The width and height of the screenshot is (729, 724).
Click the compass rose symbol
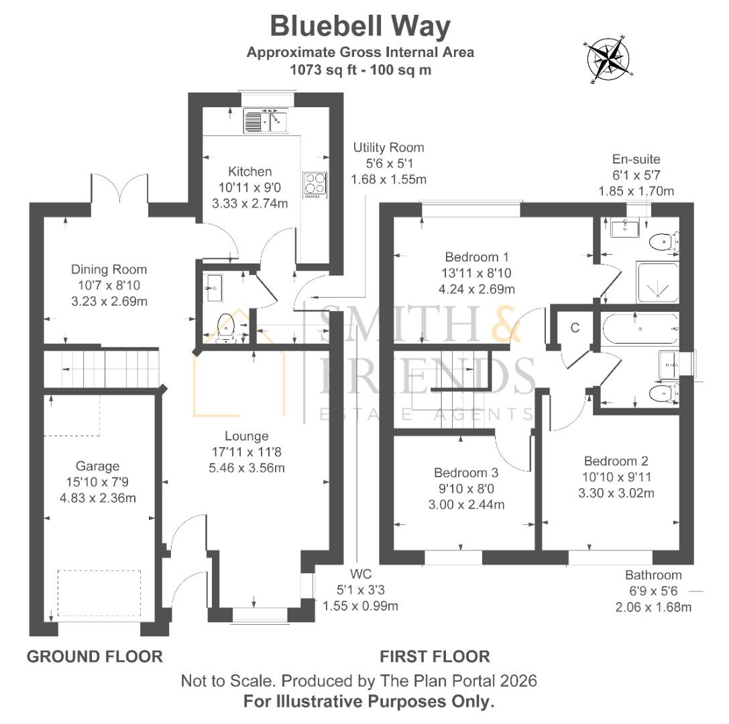pyautogui.click(x=609, y=58)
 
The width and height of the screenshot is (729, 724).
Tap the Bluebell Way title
pyautogui.click(x=360, y=27)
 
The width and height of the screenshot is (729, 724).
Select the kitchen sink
pyautogui.click(x=266, y=121)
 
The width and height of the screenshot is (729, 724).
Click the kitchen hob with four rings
pyautogui.click(x=314, y=184)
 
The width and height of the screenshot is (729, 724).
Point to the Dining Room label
pyautogui.click(x=109, y=269)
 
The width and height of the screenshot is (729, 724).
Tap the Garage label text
pyautogui.click(x=97, y=466)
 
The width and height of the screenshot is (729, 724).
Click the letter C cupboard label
pyautogui.click(x=575, y=328)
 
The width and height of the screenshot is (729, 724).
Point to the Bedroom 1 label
pyautogui.click(x=477, y=257)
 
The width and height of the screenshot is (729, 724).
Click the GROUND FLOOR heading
pyautogui.click(x=95, y=656)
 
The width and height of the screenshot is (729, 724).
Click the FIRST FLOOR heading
pyautogui.click(x=435, y=656)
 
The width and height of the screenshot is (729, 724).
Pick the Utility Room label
pyautogui.click(x=389, y=147)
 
